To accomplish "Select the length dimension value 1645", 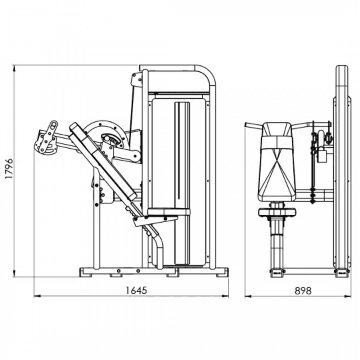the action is tap(136, 290).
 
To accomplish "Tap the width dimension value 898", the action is tap(303, 291).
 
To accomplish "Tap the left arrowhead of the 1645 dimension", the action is tap(37, 296).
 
